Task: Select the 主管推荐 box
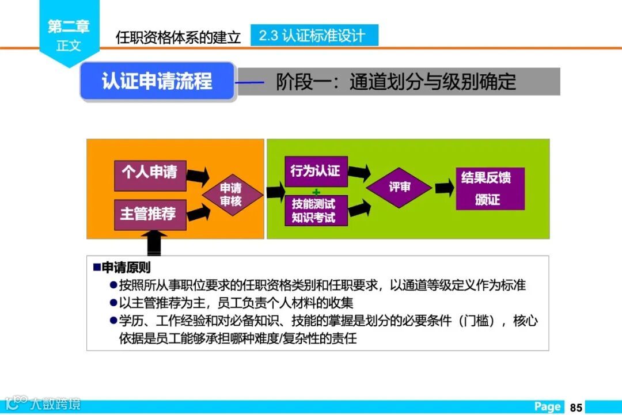(150, 214)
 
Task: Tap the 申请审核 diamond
(231, 195)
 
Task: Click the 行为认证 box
(316, 172)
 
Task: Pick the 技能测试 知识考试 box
(316, 211)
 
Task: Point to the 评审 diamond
(399, 188)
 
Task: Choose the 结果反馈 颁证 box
(490, 188)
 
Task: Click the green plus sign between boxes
(316, 191)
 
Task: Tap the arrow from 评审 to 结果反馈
(444, 188)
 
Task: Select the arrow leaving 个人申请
(198, 176)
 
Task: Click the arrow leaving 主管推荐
(198, 212)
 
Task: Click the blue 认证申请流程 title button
(157, 81)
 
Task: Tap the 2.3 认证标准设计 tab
(314, 36)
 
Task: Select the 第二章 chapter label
(69, 26)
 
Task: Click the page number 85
(576, 407)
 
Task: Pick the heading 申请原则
(126, 268)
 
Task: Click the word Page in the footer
(547, 407)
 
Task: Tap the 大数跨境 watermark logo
(43, 403)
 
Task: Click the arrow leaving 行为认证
(359, 172)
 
